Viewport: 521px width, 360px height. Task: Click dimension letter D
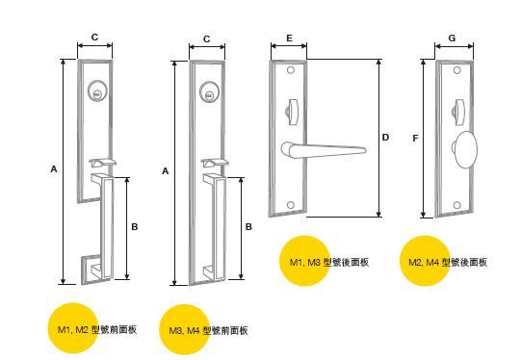pos(385,137)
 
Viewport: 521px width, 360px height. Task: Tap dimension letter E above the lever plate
pos(290,39)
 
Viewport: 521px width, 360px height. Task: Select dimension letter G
pos(453,39)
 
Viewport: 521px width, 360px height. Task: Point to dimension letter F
pos(415,139)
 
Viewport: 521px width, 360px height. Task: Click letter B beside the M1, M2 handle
pos(135,227)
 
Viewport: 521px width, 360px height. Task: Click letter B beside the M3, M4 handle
pos(248,227)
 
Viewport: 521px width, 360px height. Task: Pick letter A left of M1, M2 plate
pos(54,169)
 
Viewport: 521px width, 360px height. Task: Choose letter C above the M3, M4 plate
pos(207,39)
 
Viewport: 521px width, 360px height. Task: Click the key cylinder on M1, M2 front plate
pos(96,90)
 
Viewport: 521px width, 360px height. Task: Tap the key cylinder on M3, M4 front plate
pos(209,91)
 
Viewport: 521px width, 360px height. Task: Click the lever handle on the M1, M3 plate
pos(324,150)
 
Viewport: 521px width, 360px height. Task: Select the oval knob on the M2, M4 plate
pos(465,149)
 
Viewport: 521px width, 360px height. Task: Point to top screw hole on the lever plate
pos(291,70)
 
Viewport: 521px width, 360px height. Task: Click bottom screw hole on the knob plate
pos(457,205)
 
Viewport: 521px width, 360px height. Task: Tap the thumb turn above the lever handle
pos(292,112)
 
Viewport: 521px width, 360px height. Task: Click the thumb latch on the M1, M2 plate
pos(102,163)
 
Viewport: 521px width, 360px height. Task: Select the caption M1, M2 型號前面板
pos(97,330)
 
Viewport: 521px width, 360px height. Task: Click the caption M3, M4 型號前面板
pos(209,331)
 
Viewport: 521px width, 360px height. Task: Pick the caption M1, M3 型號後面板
pos(329,263)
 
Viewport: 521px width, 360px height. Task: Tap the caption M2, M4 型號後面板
pos(448,263)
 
